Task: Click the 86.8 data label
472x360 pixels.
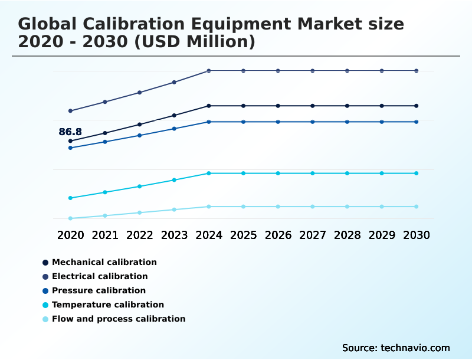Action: (70, 132)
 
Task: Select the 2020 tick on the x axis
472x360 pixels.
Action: (70, 235)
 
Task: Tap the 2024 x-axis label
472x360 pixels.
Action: (209, 235)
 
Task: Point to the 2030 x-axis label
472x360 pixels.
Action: (417, 235)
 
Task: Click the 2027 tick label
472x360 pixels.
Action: (313, 235)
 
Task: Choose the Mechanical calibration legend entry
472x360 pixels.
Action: (104, 262)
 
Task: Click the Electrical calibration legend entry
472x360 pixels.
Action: (100, 276)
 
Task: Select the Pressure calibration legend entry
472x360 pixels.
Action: (99, 290)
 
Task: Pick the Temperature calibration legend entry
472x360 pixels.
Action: (107, 305)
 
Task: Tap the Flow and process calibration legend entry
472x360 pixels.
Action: (118, 319)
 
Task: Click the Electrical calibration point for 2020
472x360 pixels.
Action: (70, 111)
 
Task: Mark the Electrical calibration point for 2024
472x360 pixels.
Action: (209, 71)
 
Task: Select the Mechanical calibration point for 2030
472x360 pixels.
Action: (417, 106)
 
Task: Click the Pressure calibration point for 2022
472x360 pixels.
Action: (140, 135)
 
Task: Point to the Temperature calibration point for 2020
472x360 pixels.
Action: (70, 198)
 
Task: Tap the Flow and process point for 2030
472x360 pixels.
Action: (417, 207)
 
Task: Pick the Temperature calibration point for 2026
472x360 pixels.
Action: (278, 173)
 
